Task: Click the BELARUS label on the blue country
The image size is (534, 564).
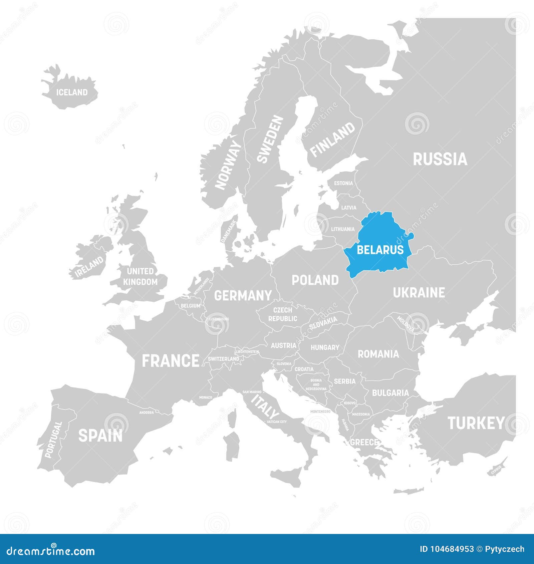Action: (x=380, y=250)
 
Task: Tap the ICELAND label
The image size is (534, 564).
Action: (x=72, y=92)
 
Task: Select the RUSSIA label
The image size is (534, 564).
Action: (x=440, y=159)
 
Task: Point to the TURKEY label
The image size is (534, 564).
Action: (x=476, y=423)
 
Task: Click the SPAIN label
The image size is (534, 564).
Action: (x=100, y=436)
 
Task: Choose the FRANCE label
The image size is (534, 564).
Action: (x=171, y=361)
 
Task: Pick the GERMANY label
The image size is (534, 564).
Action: (x=243, y=295)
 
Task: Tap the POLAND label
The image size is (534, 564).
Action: (x=315, y=280)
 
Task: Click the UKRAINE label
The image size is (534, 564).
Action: (x=419, y=293)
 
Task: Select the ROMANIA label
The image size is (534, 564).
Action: (x=378, y=354)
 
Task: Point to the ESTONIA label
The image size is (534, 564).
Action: (x=343, y=183)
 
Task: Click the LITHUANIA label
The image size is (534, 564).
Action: (x=343, y=229)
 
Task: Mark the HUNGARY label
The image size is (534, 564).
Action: (x=325, y=347)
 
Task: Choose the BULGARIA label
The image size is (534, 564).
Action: (x=390, y=393)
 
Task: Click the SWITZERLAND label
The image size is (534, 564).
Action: (x=223, y=359)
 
